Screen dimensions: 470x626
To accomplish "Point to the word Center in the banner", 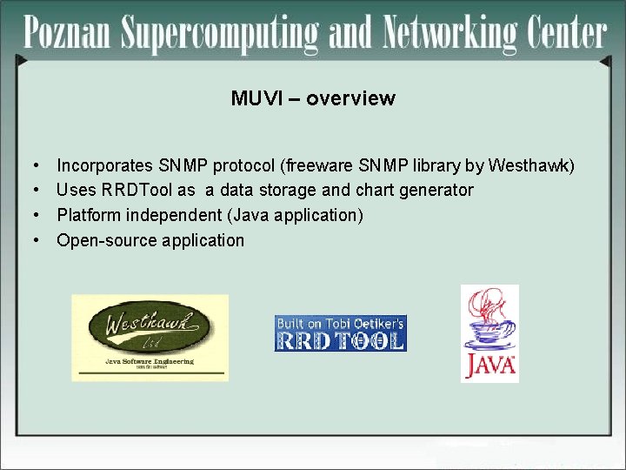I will tap(564, 33).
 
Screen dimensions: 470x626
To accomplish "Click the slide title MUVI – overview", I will tap(313, 98).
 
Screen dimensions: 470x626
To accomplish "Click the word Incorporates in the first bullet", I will tap(105, 164).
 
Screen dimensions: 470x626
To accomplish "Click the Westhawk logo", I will tap(150, 337).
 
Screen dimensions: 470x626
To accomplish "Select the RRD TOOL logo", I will tap(340, 333).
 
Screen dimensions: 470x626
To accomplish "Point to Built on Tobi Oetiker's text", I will tap(340, 323).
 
